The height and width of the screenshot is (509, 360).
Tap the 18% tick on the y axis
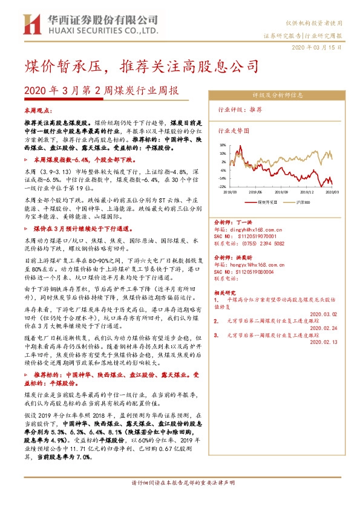click(x=223, y=145)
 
